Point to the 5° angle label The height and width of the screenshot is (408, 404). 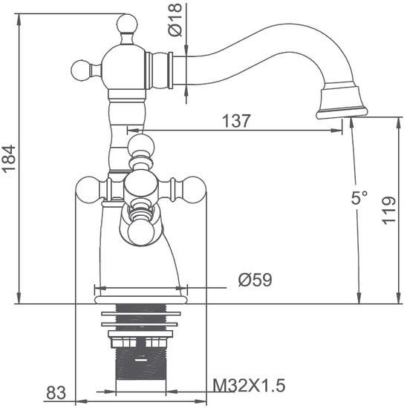click(x=360, y=198)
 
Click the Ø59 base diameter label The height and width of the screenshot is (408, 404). click(x=255, y=280)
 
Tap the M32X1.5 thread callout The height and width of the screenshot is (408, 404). click(x=249, y=385)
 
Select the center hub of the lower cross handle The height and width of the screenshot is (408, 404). click(x=140, y=185)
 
